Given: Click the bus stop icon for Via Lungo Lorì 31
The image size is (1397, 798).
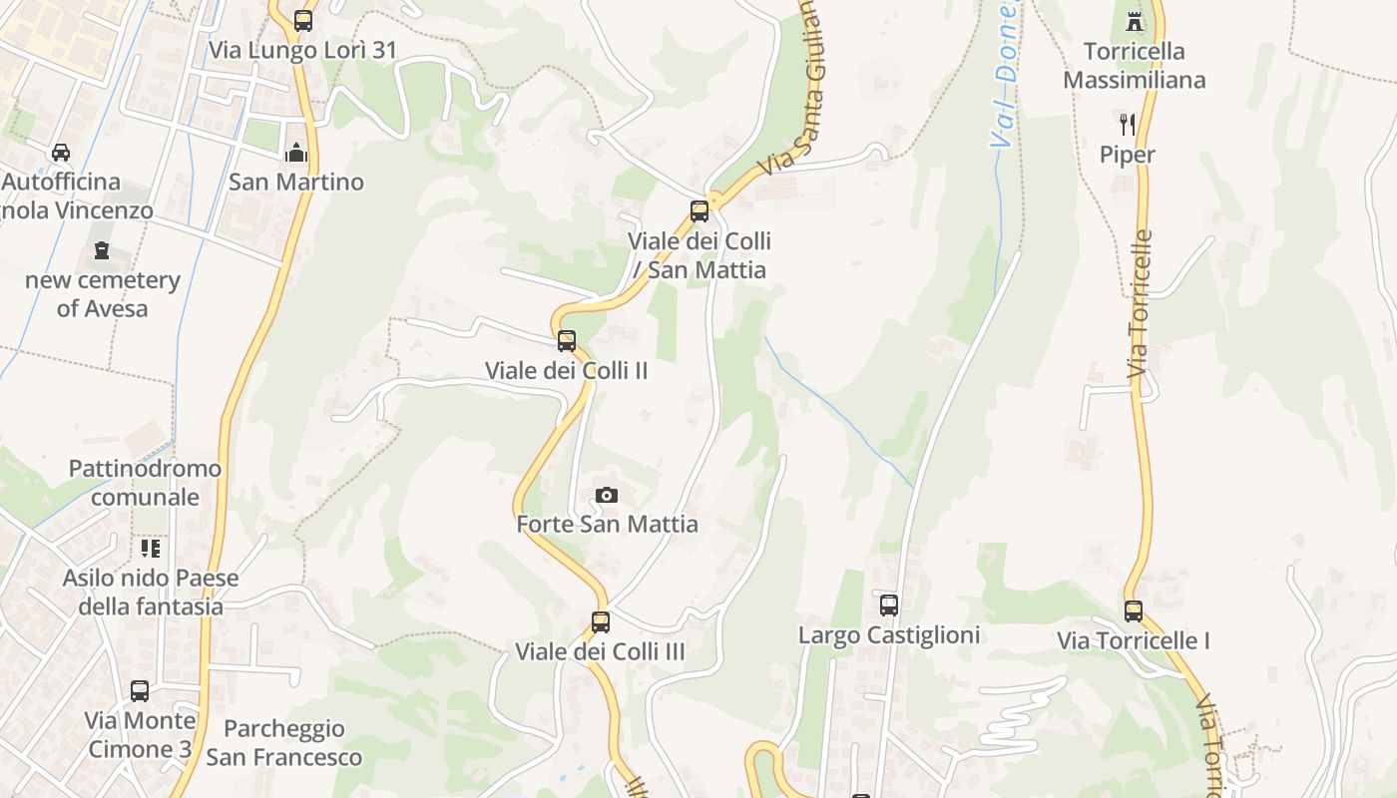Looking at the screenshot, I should point(303,20).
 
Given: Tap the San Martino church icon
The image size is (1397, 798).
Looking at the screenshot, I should point(296,153).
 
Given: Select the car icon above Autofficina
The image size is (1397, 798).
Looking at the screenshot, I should point(61,153).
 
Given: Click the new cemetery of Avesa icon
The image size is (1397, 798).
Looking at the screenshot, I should point(102,250).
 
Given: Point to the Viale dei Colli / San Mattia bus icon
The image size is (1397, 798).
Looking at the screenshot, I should point(699,210).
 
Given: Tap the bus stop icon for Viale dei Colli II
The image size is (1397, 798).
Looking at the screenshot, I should point(567,340).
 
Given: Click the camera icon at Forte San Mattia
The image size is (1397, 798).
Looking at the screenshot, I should point(607,495).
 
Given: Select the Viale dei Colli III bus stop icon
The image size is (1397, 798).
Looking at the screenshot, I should point(601,621).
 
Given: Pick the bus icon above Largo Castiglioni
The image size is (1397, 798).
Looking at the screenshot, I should point(889,604).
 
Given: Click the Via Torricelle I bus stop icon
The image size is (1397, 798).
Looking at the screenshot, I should point(1134,610).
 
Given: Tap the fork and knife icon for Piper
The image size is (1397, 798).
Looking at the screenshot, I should point(1128,125).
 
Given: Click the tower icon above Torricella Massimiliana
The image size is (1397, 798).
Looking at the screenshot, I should point(1134,21).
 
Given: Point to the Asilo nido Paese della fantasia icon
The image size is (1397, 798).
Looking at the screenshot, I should point(151,548).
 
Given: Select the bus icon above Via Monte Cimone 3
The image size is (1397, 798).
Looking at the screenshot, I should point(140,690).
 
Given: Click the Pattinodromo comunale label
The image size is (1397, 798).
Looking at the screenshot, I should point(146,483).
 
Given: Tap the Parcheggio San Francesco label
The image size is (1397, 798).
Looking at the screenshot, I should point(284,743).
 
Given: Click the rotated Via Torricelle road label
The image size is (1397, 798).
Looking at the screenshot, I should point(1140,304).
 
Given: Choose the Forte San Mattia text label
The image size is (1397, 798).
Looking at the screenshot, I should point(607,524).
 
